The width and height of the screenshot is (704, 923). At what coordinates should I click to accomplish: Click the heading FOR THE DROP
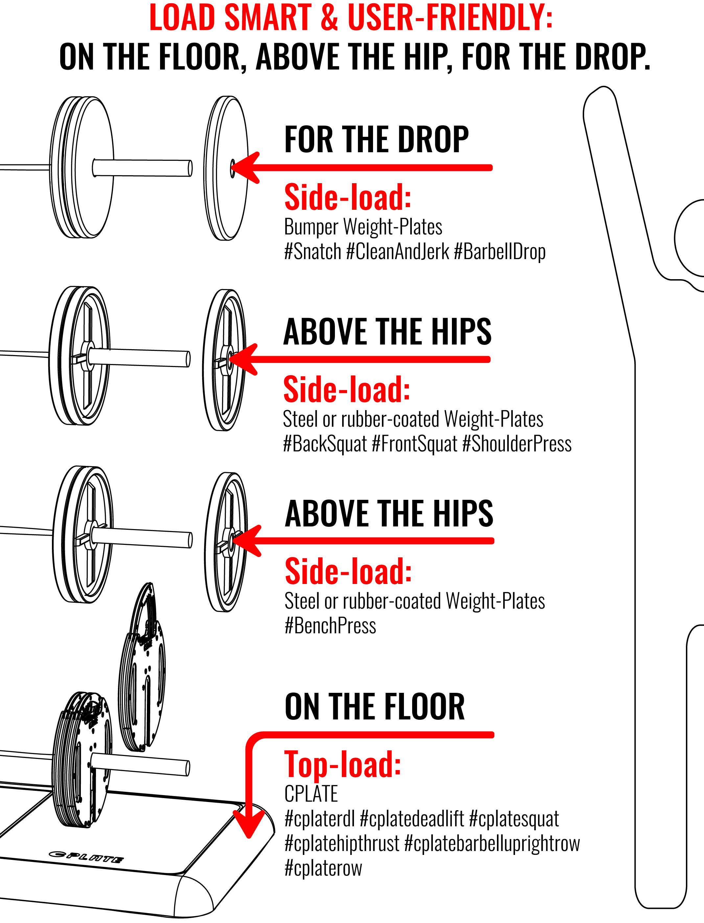tap(376, 139)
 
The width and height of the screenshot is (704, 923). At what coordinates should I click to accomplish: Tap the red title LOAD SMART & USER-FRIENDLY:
tap(351, 18)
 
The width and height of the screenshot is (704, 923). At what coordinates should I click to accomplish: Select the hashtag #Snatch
tap(313, 252)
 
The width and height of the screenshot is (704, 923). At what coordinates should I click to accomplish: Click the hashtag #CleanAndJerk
tap(398, 252)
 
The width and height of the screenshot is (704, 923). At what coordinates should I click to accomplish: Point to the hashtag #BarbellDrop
tap(500, 252)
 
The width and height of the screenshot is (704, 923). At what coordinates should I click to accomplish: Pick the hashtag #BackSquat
tap(325, 444)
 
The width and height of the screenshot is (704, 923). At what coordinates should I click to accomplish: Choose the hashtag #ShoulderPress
tap(517, 444)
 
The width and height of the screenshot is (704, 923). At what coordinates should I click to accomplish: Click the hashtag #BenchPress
tap(330, 626)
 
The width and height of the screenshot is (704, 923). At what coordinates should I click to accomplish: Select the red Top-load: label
tap(343, 764)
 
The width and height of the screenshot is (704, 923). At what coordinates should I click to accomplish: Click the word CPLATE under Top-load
tap(311, 793)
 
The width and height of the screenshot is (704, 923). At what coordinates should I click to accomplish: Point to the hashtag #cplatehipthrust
tap(341, 843)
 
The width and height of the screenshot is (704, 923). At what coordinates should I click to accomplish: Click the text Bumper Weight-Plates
tap(363, 227)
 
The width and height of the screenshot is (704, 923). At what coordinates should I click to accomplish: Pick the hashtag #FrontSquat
tap(414, 444)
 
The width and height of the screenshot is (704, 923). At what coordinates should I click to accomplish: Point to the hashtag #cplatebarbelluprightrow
tap(492, 843)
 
